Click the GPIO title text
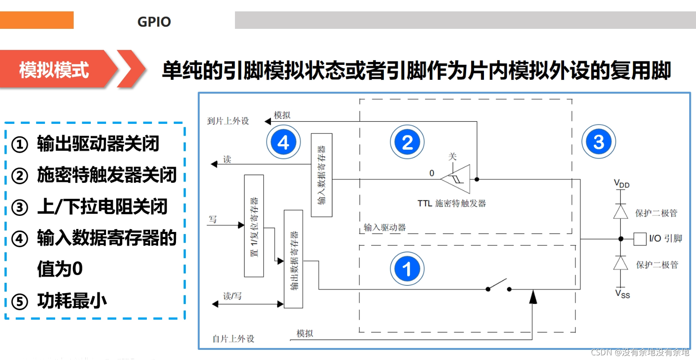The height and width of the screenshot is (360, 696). pyautogui.click(x=154, y=22)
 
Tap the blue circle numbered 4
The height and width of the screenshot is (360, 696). pyautogui.click(x=283, y=142)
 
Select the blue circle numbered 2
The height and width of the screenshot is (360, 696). pyautogui.click(x=407, y=142)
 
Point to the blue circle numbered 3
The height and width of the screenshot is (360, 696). pyautogui.click(x=598, y=142)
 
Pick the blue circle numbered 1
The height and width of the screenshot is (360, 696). pyautogui.click(x=407, y=269)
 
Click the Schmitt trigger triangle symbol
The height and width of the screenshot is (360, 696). pyautogui.click(x=456, y=179)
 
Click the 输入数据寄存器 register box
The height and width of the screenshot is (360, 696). pyautogui.click(x=321, y=175)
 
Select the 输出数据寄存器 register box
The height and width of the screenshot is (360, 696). pyautogui.click(x=293, y=259)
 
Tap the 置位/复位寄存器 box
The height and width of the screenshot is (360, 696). pyautogui.click(x=254, y=226)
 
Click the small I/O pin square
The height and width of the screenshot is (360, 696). pyautogui.click(x=640, y=239)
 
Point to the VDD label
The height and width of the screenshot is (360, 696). pyautogui.click(x=621, y=184)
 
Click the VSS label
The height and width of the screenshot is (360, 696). pyautogui.click(x=623, y=294)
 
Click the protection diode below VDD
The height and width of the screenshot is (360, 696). pyautogui.click(x=621, y=212)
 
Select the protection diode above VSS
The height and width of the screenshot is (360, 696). pyautogui.click(x=621, y=263)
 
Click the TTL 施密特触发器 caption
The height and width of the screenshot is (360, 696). pyautogui.click(x=452, y=204)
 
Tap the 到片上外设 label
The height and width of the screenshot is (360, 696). pyautogui.click(x=228, y=121)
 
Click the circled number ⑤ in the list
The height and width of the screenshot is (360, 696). pyautogui.click(x=20, y=302)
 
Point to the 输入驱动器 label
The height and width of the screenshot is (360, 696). pyautogui.click(x=385, y=228)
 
